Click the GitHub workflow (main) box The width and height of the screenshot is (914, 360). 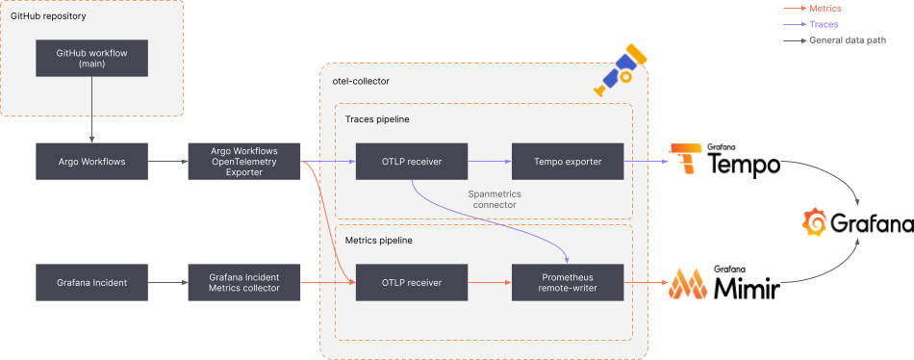91,58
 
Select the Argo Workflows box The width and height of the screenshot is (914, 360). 91,161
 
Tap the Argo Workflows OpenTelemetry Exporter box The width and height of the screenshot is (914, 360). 244,161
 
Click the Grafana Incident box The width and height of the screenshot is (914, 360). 91,282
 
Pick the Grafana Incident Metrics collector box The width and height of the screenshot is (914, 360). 244,282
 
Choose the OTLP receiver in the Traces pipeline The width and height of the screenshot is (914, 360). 412,161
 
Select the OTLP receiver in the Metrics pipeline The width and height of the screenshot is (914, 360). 412,282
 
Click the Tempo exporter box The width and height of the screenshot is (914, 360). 568,161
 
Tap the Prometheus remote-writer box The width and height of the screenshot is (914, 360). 568,282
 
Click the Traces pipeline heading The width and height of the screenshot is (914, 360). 377,119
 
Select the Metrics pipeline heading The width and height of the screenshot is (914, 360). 378,240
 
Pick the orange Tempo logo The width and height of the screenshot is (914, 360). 686,158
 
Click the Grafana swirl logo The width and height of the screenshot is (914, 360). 815,222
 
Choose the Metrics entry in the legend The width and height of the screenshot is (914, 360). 825,9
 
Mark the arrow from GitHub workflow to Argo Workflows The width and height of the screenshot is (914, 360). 91,110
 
